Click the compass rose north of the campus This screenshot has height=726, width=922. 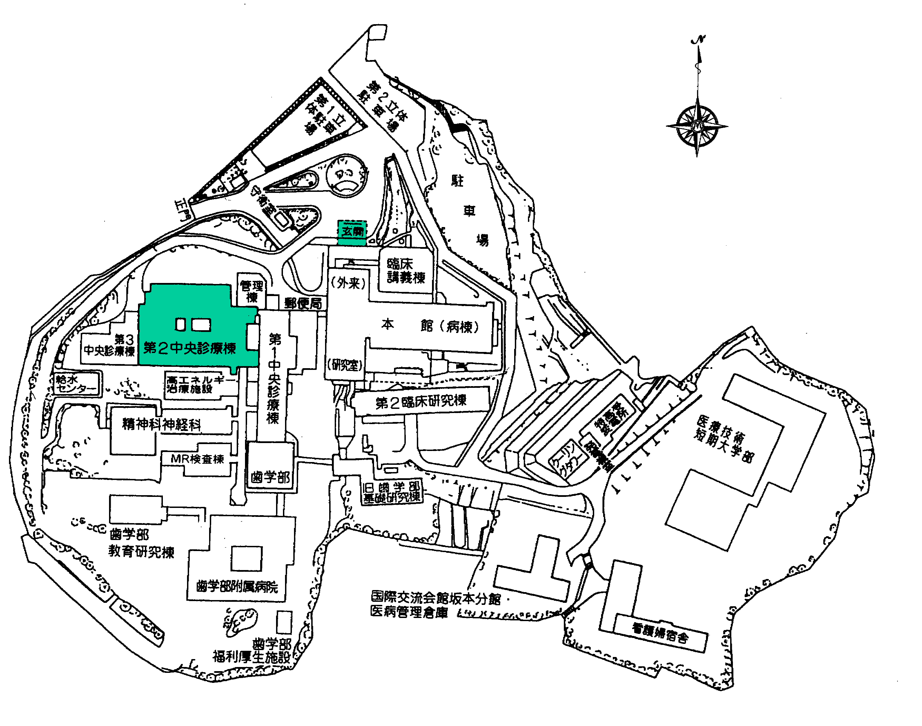(697, 126)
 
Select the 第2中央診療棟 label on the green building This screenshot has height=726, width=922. (189, 348)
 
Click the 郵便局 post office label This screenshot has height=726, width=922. (303, 303)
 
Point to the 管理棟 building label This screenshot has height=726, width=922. (252, 291)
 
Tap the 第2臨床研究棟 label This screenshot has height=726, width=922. (421, 401)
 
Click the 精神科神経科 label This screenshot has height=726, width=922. (161, 424)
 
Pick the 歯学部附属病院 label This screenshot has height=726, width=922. (237, 587)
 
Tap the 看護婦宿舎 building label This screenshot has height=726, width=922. (660, 633)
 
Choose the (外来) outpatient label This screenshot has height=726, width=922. (348, 283)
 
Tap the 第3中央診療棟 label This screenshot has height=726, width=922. (110, 345)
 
